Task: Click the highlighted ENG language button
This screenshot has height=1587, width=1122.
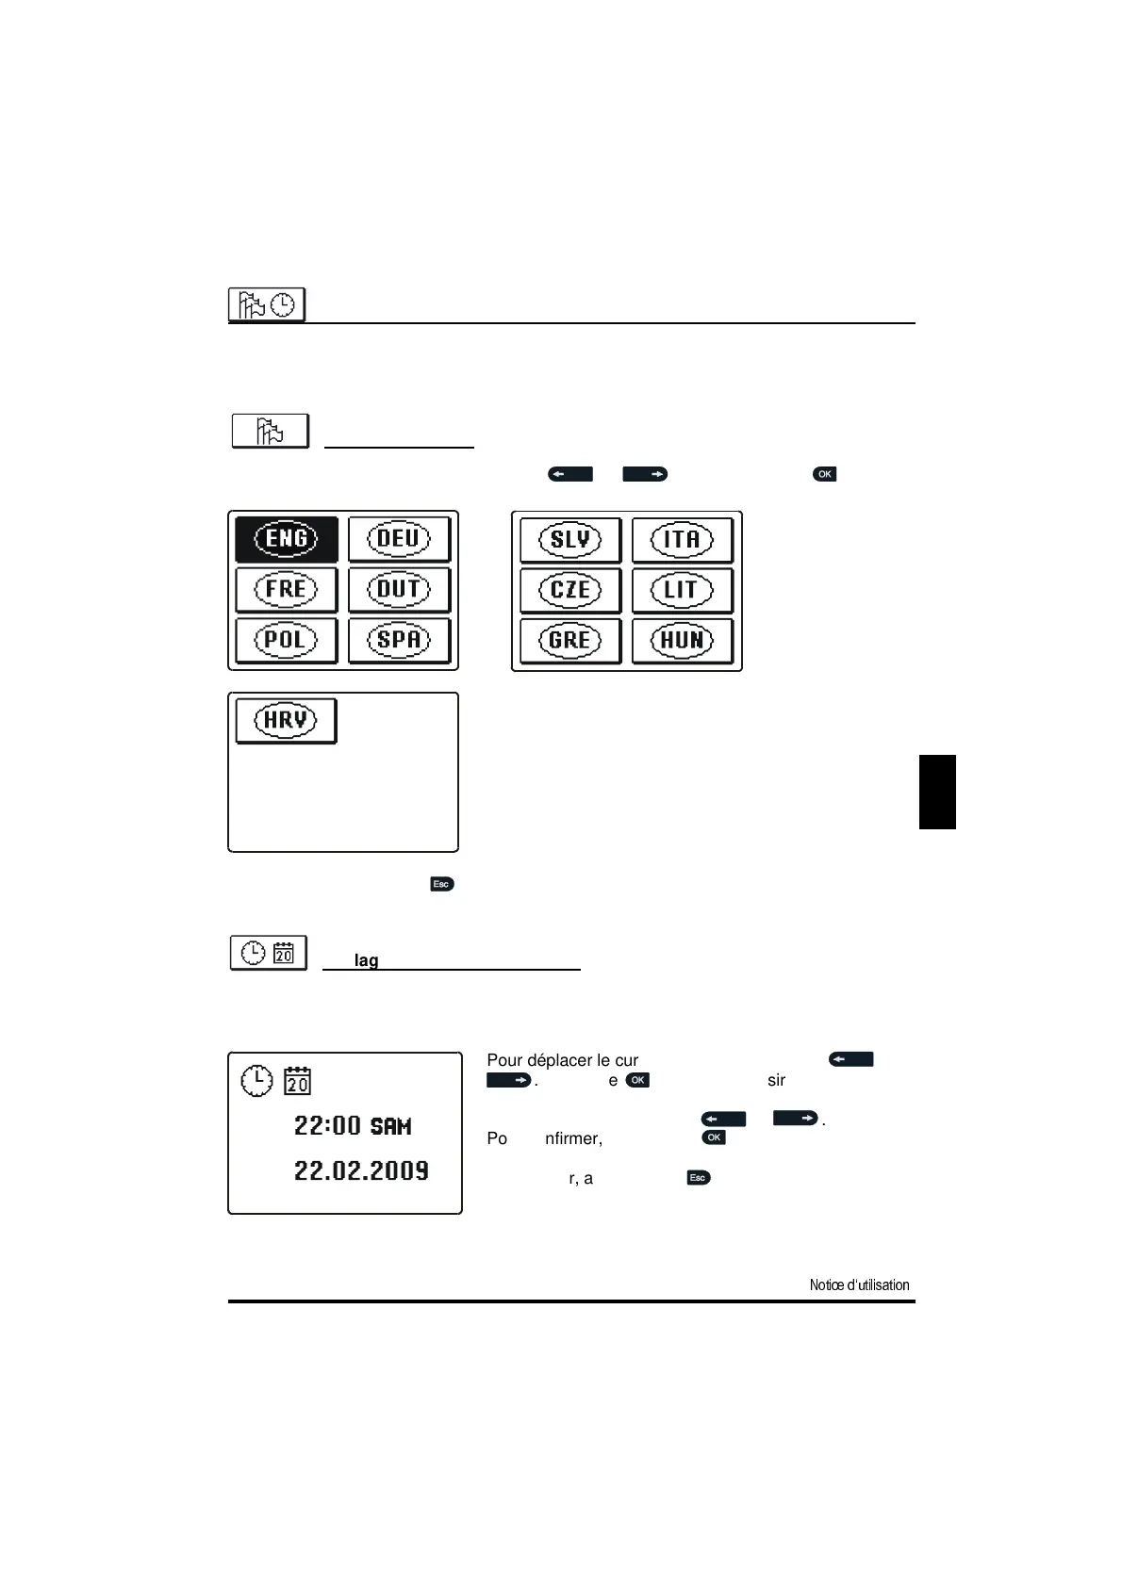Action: tap(287, 538)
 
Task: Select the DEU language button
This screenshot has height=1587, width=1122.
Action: tap(399, 538)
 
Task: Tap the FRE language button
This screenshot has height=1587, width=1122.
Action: tap(287, 589)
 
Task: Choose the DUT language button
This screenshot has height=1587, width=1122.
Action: tap(399, 589)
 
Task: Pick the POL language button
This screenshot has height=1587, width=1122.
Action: tap(287, 640)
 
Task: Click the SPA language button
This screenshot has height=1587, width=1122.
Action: tap(399, 640)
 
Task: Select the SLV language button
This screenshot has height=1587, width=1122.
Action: tap(570, 539)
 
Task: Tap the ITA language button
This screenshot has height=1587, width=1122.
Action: tap(682, 539)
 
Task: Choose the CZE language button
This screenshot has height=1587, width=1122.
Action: tap(570, 590)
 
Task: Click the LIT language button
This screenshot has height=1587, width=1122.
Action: tap(682, 590)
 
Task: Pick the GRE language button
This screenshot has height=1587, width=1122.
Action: tap(570, 640)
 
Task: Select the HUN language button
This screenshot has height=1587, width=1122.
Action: tap(682, 640)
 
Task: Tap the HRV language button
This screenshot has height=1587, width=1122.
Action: tap(286, 720)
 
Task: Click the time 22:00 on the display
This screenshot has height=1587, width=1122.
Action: tap(327, 1125)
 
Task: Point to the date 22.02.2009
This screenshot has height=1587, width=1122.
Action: tap(361, 1170)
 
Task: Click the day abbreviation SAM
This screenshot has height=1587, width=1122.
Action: tap(390, 1126)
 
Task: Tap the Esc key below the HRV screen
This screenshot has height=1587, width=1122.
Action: tap(441, 884)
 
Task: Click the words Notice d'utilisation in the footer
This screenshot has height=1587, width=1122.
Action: tap(859, 1284)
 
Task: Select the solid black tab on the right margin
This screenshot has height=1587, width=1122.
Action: tap(937, 792)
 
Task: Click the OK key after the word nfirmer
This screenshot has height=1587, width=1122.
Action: tap(714, 1137)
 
